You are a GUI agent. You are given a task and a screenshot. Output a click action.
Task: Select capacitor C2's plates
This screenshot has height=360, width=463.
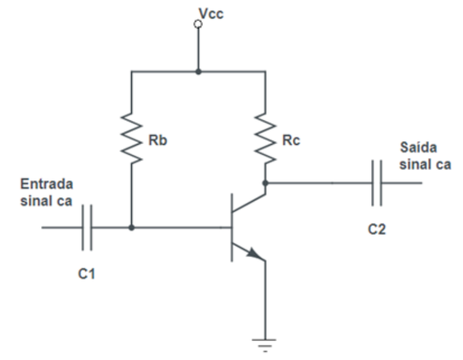click(377, 183)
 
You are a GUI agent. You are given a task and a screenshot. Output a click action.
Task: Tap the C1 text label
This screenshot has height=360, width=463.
click(87, 272)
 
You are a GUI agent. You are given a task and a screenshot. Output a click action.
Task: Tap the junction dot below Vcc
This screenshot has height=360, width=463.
click(198, 69)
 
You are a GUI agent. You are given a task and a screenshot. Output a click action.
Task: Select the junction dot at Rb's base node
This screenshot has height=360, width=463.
click(132, 228)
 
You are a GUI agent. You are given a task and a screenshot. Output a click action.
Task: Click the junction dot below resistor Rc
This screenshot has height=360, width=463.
click(265, 182)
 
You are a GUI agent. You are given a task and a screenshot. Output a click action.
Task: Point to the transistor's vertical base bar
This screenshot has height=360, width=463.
click(232, 228)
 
